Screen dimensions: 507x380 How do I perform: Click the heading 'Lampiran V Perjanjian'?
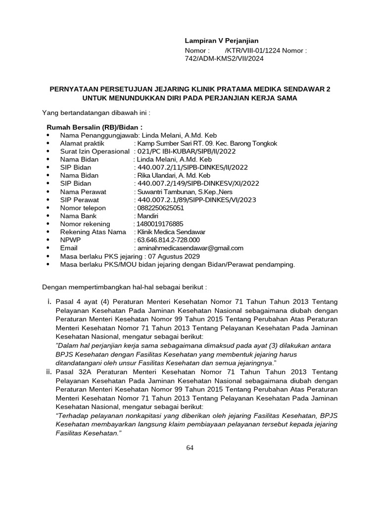[222, 41]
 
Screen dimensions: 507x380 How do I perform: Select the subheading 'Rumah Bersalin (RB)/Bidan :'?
[95, 127]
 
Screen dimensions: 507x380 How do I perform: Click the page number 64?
[190, 448]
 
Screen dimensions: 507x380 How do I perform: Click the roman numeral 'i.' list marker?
[49, 301]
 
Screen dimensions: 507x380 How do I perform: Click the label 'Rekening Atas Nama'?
[93, 232]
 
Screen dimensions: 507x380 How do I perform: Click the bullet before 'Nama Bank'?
[47, 216]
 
